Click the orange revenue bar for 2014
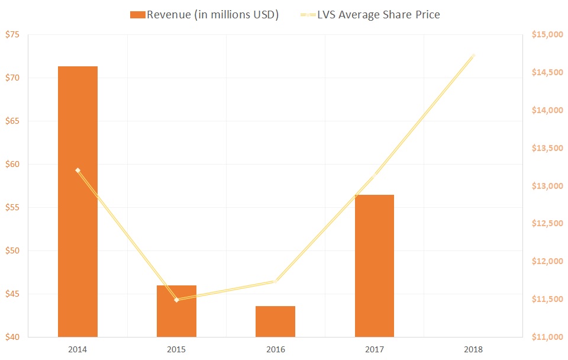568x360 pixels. pos(78,201)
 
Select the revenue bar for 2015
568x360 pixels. pos(176,311)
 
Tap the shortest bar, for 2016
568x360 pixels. pos(275,322)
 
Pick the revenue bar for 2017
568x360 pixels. pos(374,265)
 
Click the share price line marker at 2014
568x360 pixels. pos(78,171)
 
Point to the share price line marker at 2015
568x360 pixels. pos(176,300)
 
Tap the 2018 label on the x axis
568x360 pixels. pos(473,349)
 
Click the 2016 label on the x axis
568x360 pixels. pos(275,349)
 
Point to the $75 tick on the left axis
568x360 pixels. pos(12,35)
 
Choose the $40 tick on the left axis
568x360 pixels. pos(12,337)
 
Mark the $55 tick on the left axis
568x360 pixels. pos(12,208)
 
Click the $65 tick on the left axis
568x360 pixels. pos(12,121)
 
